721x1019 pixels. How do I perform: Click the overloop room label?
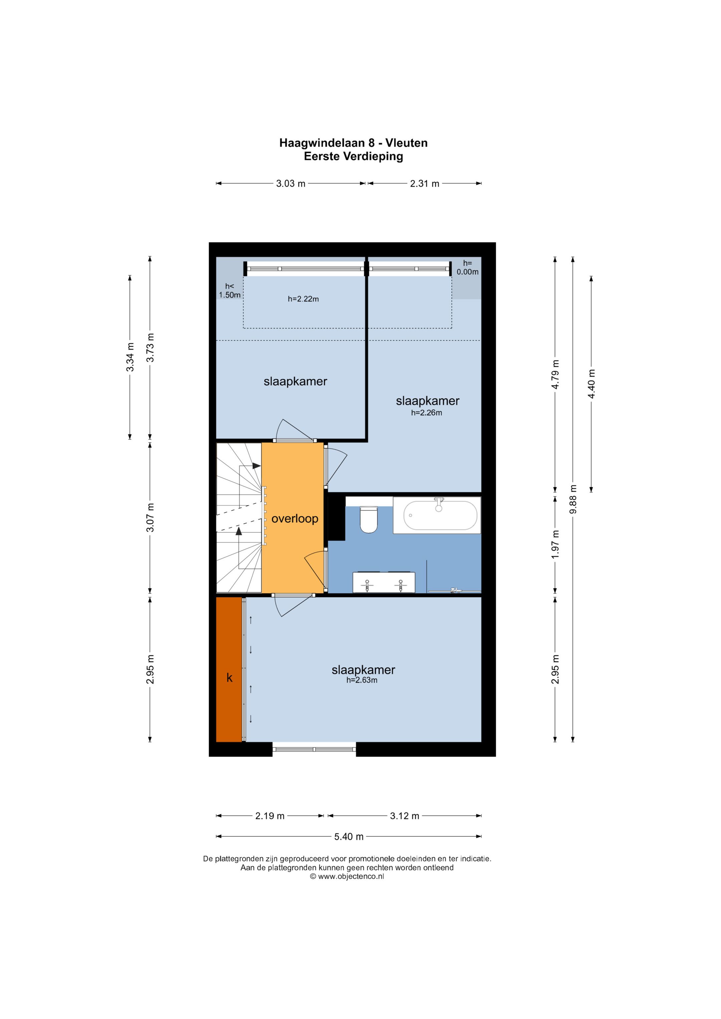pyautogui.click(x=295, y=519)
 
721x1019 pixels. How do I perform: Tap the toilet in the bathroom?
pyautogui.click(x=368, y=520)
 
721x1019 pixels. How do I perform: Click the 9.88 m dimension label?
pyautogui.click(x=573, y=499)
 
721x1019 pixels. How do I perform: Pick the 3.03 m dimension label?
pyautogui.click(x=291, y=183)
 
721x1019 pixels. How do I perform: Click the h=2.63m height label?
pyautogui.click(x=362, y=680)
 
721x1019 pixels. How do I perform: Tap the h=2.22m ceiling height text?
pyautogui.click(x=303, y=299)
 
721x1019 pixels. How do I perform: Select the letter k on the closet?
pyautogui.click(x=230, y=678)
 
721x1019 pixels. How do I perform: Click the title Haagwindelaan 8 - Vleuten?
pyautogui.click(x=353, y=143)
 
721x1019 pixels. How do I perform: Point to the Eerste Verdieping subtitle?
pyautogui.click(x=353, y=156)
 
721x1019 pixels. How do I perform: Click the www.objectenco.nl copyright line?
pyautogui.click(x=347, y=876)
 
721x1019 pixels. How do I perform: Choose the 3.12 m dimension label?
pyautogui.click(x=405, y=816)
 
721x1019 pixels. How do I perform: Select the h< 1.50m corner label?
pyautogui.click(x=230, y=291)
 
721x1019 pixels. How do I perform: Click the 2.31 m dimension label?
pyautogui.click(x=425, y=183)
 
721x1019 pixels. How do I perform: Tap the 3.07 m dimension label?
pyautogui.click(x=150, y=517)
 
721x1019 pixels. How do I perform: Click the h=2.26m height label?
pyautogui.click(x=427, y=413)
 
